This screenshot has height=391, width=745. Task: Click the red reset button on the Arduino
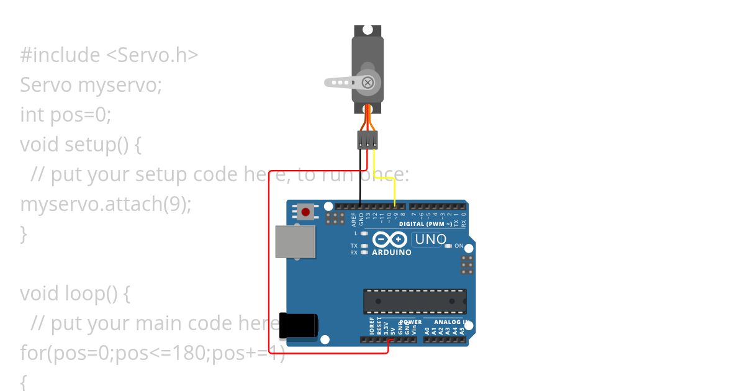click(305, 212)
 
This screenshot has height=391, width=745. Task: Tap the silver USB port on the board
click(296, 241)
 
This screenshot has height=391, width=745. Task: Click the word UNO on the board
click(431, 240)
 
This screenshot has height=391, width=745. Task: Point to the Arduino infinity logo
click(390, 240)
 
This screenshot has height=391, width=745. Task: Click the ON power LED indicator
click(449, 246)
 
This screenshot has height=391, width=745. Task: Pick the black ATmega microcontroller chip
click(415, 301)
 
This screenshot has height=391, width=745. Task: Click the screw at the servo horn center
click(368, 82)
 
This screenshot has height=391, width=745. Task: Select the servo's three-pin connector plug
click(368, 140)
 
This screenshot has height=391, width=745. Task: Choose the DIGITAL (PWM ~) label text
click(426, 224)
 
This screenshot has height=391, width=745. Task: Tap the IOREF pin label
click(371, 326)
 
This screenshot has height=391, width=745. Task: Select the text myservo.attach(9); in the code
click(106, 204)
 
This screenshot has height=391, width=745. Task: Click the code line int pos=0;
click(65, 114)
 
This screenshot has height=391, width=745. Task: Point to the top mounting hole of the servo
click(367, 30)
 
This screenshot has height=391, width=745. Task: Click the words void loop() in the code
click(74, 293)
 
